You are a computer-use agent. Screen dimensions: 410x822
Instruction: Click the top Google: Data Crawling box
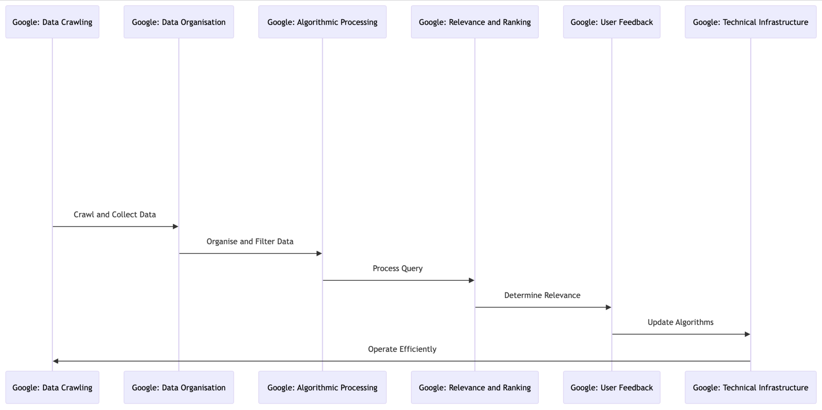point(52,22)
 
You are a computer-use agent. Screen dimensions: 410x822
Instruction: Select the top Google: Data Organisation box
point(179,22)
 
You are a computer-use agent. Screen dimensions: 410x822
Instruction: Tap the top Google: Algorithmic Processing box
point(322,22)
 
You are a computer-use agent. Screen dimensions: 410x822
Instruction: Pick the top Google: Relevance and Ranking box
point(475,22)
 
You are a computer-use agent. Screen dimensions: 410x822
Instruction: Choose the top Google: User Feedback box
point(612,22)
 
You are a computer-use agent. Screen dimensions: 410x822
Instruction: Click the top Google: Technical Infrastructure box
point(751,22)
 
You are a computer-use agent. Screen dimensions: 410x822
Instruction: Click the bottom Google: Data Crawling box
point(52,388)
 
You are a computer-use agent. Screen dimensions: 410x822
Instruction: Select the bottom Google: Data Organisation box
point(179,388)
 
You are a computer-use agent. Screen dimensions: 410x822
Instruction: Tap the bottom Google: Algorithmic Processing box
point(322,388)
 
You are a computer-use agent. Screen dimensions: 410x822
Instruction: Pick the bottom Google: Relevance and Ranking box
point(475,388)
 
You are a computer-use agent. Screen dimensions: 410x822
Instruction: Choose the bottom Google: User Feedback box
point(612,388)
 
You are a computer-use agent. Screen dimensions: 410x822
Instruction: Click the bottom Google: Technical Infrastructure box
point(751,388)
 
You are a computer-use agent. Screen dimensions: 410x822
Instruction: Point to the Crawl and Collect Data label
point(115,215)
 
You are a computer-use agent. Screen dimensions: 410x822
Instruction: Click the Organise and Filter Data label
point(250,242)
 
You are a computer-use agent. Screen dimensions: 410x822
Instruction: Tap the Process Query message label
point(398,268)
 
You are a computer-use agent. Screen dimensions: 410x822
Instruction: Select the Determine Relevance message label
point(542,295)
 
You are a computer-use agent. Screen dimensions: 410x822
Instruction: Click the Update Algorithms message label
point(681,322)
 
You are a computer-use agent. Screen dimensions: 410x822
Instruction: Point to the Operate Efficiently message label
point(402,349)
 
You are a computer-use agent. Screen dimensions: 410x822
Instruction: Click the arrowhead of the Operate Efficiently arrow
point(56,361)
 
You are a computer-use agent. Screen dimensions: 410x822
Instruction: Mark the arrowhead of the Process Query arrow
point(472,280)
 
